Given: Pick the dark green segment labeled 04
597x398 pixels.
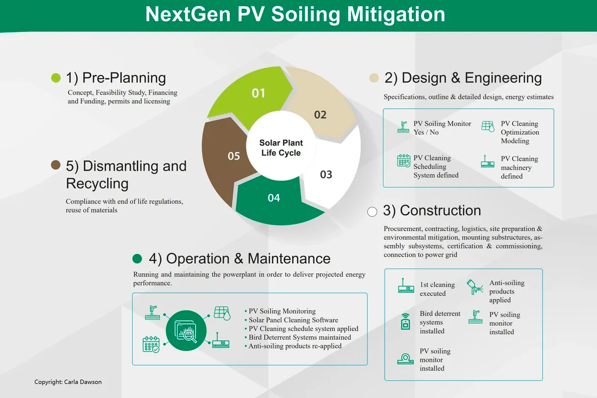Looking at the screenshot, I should point(274,199).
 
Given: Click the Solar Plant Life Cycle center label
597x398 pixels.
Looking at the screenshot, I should point(281,148).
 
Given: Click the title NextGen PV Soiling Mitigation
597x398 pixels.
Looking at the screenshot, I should point(295,14).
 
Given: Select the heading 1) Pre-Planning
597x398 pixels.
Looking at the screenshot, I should point(116,78).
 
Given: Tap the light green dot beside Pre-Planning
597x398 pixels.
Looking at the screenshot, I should point(56,78).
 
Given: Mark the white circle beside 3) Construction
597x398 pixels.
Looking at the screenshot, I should point(372,211).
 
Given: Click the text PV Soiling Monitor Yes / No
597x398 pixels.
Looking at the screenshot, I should point(442,128).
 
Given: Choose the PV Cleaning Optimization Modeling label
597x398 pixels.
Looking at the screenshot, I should point(520,132).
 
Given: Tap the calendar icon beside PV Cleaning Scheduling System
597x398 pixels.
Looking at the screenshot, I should point(403,161).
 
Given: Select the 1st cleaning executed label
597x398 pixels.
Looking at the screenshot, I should point(437,289).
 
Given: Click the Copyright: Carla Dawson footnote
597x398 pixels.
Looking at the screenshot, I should point(68,382).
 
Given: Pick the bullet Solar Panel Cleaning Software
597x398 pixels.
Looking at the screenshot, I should point(293,320).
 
